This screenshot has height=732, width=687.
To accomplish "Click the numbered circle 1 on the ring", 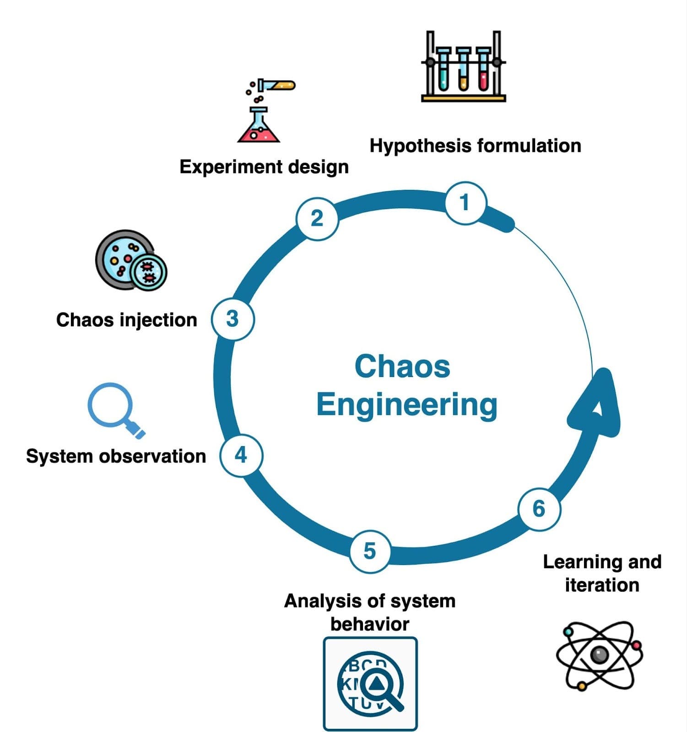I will (465, 203).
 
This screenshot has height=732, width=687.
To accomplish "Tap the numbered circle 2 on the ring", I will (317, 218).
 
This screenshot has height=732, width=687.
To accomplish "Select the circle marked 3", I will (233, 319).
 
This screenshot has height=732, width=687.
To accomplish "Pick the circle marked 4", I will (241, 455).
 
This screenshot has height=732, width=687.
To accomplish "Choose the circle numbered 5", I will (370, 551).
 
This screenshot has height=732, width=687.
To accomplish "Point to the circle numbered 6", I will (539, 509).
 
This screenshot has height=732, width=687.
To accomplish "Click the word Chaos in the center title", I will (402, 366).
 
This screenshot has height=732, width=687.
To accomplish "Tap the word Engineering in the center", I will (406, 405).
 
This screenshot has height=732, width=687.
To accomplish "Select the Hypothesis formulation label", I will (475, 146).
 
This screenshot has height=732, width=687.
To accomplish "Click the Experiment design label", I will (264, 167).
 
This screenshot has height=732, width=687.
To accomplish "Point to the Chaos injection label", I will (126, 320).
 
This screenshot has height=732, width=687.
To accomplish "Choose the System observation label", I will (116, 456).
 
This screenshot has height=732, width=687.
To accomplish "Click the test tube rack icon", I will (463, 67).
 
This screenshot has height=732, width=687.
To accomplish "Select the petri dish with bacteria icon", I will (130, 261).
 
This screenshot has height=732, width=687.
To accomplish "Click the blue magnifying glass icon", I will (114, 409).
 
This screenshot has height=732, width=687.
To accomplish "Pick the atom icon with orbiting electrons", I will (599, 655).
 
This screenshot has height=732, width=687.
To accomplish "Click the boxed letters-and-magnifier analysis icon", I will (370, 684).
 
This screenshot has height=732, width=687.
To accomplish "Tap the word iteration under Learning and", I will (602, 585).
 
